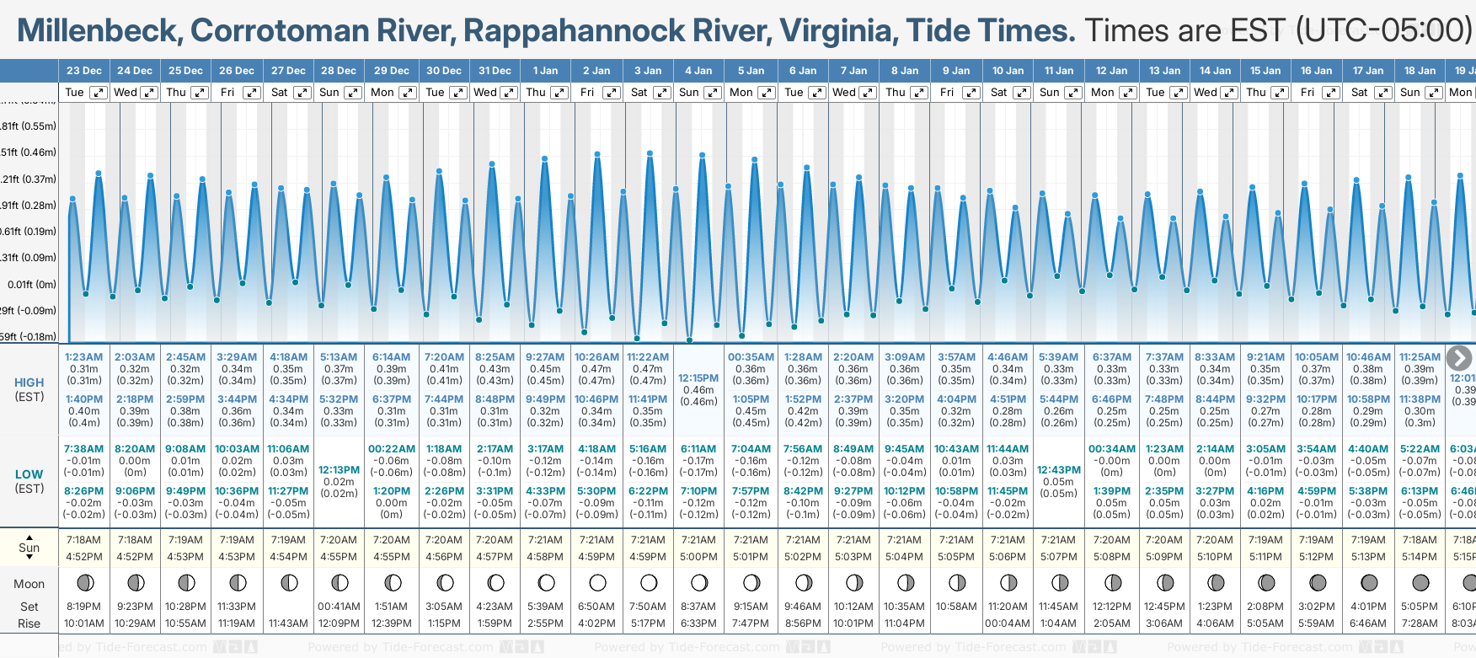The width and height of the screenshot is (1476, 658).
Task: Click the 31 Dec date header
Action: pyautogui.click(x=495, y=71)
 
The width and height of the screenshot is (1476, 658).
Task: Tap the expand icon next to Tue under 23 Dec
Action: pyautogui.click(x=99, y=93)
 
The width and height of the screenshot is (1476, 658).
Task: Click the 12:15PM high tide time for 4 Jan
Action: pyautogui.click(x=698, y=378)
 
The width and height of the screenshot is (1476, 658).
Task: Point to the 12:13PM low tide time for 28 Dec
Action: pyautogui.click(x=339, y=470)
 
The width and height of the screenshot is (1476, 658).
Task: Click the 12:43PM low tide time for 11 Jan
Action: pyautogui.click(x=1058, y=470)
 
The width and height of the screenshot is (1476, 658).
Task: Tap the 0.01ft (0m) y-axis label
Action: pyautogui.click(x=32, y=285)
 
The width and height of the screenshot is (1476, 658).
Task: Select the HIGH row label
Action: pyautogui.click(x=29, y=382)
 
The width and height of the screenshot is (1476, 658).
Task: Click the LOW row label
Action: pyautogui.click(x=29, y=474)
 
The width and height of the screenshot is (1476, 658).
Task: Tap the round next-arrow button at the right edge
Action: pyautogui.click(x=1459, y=358)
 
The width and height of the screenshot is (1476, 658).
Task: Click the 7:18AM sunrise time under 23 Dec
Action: pyautogui.click(x=83, y=540)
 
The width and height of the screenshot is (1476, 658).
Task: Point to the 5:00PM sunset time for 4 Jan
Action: pyautogui.click(x=698, y=557)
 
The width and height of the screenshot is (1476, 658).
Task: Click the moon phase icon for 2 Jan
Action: pyautogui.click(x=597, y=583)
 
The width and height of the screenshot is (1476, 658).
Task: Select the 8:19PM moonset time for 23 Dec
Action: pyautogui.click(x=83, y=607)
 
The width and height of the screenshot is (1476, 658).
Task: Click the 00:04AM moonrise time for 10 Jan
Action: pyautogui.click(x=1008, y=623)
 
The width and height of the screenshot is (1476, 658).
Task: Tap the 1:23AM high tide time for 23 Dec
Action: pyautogui.click(x=83, y=357)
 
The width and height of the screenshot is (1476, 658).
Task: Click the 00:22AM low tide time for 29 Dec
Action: pyautogui.click(x=391, y=449)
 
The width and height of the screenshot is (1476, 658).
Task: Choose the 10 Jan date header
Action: pyautogui.click(x=1008, y=71)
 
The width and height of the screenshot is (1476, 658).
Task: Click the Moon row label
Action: pyautogui.click(x=29, y=584)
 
